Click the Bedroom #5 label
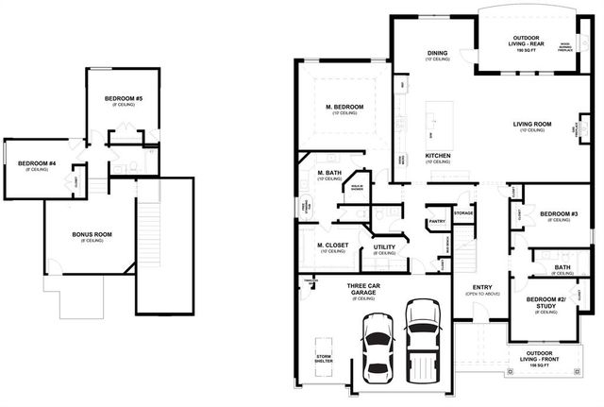pos(125,99)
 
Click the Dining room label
pos(436,53)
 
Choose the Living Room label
pos(531,124)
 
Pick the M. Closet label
pos(332,246)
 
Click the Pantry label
pos(436,221)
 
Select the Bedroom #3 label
pos(559,213)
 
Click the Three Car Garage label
pos(362,289)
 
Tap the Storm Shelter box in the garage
pos(324,358)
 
